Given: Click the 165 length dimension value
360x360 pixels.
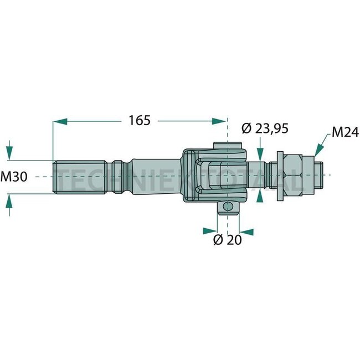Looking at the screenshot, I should pyautogui.click(x=140, y=120).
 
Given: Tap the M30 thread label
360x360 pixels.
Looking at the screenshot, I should pyautogui.click(x=14, y=177).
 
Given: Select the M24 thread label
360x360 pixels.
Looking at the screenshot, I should pyautogui.click(x=345, y=132).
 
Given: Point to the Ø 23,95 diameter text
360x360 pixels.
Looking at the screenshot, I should pyautogui.click(x=265, y=128).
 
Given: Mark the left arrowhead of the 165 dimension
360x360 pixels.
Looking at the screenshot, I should pyautogui.click(x=58, y=120).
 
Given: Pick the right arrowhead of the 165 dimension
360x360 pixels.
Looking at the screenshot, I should pyautogui.click(x=222, y=120).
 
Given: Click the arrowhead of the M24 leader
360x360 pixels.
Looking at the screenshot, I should pyautogui.click(x=317, y=151).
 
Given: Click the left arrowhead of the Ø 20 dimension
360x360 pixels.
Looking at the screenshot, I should pyautogui.click(x=213, y=231).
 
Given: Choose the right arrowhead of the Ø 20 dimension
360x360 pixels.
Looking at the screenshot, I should pyautogui.click(x=244, y=231).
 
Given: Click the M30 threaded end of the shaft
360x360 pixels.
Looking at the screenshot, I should pyautogui.click(x=80, y=176).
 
